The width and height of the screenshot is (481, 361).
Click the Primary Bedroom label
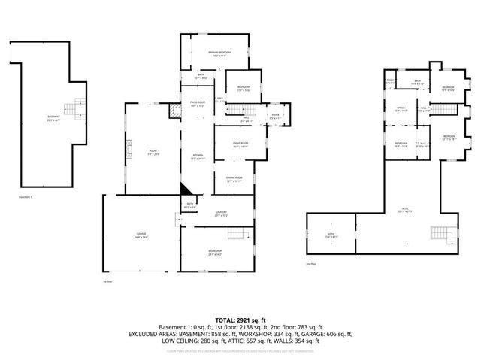click(219, 53)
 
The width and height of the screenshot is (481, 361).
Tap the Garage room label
click(142, 235)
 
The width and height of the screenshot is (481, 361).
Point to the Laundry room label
click(221, 214)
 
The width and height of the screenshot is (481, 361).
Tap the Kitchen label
click(197, 156)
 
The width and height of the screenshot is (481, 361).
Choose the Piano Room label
click(197, 105)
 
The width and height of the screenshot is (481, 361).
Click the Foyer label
click(276, 116)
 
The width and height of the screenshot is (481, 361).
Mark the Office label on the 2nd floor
click(401, 109)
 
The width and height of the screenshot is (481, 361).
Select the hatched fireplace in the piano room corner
click(176, 113)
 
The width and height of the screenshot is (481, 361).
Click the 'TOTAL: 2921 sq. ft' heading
click(240, 320)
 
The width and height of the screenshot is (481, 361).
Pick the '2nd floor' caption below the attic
click(311, 264)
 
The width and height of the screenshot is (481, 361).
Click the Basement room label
click(53, 118)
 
